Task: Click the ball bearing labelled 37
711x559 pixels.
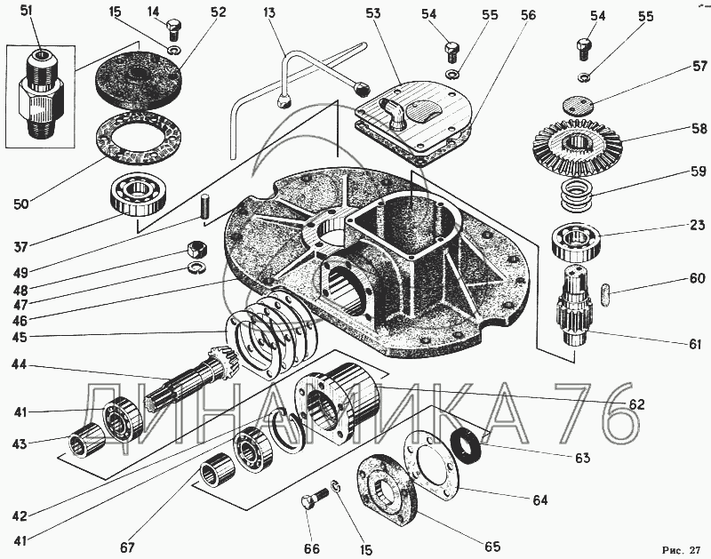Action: [139, 194]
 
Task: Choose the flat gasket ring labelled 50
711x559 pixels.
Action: [133, 140]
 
